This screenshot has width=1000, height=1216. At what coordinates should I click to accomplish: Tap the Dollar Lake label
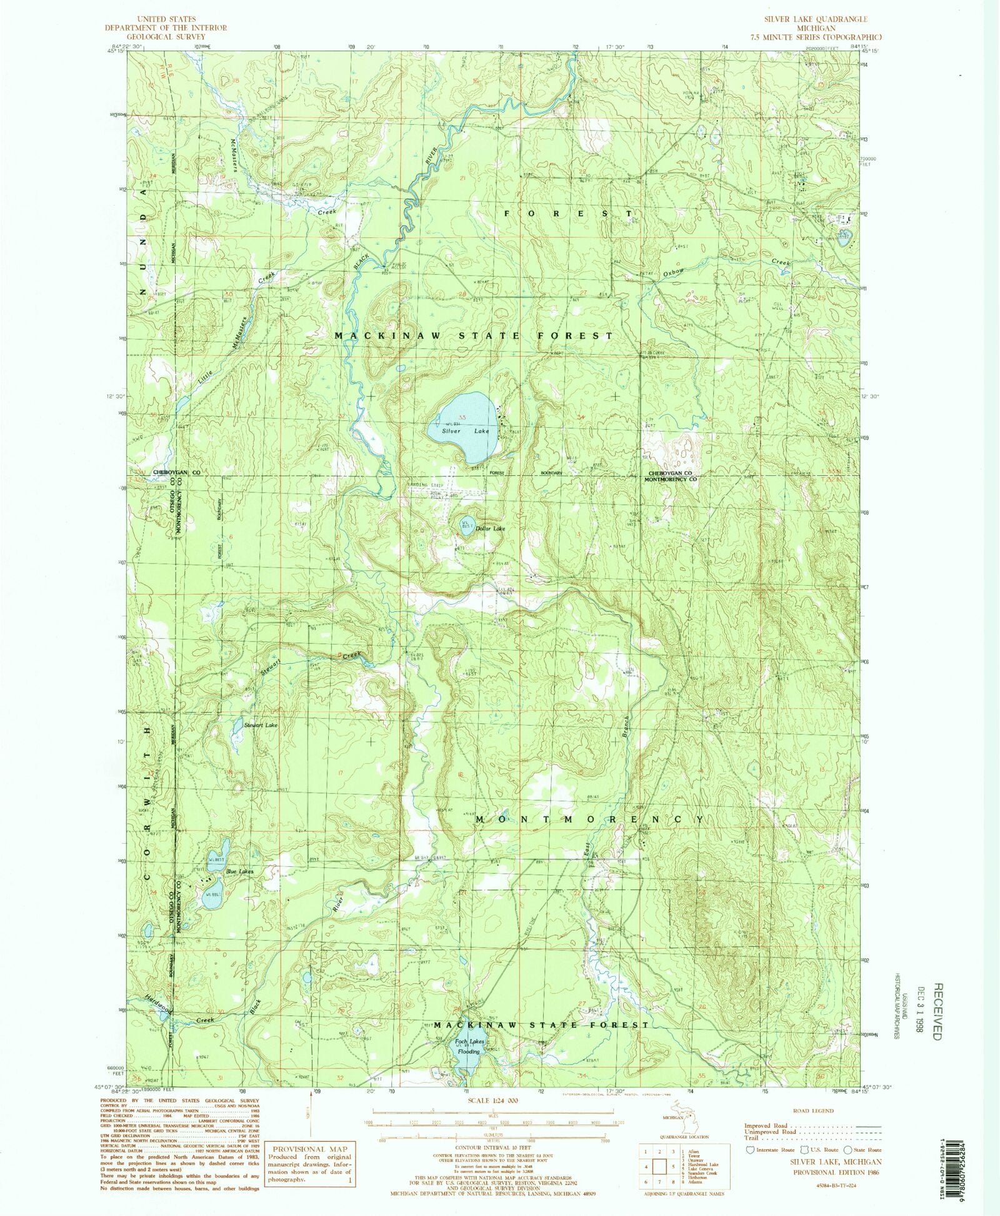[490, 528]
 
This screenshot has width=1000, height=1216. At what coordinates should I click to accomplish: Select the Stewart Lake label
[261, 725]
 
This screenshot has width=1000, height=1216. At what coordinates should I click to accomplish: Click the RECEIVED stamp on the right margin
[936, 1012]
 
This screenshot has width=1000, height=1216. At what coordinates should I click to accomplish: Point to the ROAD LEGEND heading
[812, 1111]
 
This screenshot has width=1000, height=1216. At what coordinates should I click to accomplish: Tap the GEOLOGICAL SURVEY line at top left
[166, 36]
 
